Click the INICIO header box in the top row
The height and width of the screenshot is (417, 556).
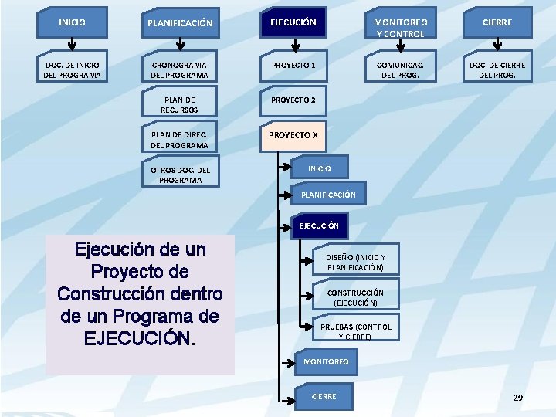[x=72, y=22]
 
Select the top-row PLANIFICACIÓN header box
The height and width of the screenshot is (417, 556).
[x=180, y=23]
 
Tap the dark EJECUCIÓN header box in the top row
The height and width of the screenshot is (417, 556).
[x=293, y=22]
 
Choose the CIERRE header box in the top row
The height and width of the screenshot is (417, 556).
[x=497, y=22]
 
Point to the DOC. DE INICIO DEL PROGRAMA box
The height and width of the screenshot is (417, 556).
[x=72, y=66]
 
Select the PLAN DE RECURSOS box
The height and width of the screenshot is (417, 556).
[x=180, y=102]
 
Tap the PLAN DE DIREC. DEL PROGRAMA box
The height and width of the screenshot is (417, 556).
[x=180, y=137]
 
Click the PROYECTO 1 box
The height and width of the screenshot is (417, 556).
[x=293, y=66]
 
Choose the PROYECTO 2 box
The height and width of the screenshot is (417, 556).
[x=293, y=100]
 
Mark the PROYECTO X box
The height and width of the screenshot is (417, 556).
[x=293, y=135]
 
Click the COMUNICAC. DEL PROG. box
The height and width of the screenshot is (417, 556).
[x=399, y=66]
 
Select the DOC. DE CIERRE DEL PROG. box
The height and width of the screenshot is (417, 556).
[x=497, y=66]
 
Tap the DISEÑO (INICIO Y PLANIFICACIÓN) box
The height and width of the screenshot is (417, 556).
[x=356, y=263]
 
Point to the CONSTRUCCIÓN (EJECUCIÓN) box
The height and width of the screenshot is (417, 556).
[x=356, y=297]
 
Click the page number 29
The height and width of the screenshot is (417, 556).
[x=518, y=398]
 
